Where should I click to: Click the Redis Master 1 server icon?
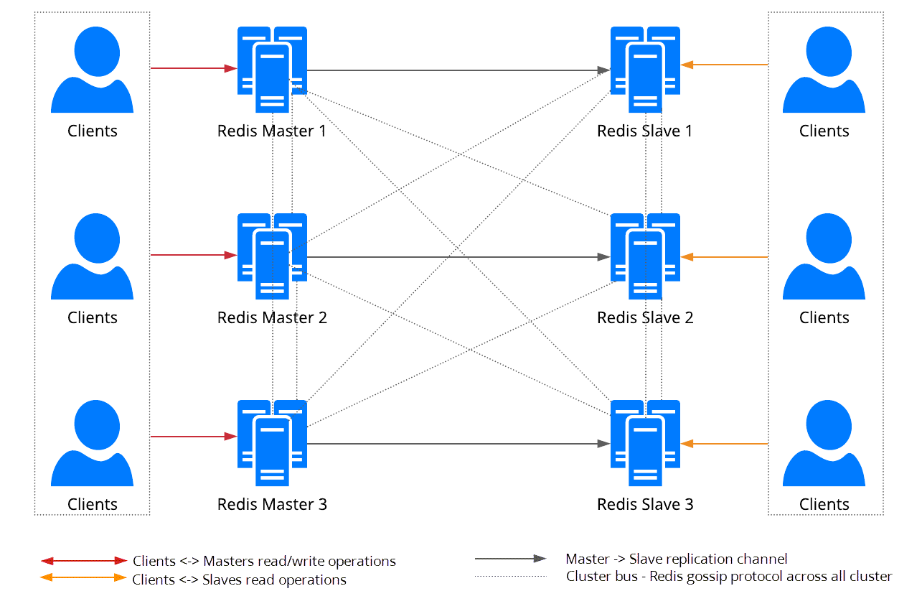pos(272,69)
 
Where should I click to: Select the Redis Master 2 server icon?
pos(272,256)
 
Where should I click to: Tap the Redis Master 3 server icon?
pos(272,442)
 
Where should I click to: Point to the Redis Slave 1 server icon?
pos(645,69)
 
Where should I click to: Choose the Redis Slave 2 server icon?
pos(645,256)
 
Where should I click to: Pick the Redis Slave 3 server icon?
pos(645,442)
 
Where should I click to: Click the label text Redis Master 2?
pos(272,317)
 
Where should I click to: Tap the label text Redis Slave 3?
pos(645,504)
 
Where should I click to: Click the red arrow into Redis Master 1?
pos(193,68)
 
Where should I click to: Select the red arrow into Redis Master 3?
pos(193,436)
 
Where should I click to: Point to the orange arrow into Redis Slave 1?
pos(724,65)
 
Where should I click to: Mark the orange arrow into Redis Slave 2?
pos(724,256)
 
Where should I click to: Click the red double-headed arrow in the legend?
pos(84,560)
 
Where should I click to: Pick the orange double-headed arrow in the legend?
pos(84,577)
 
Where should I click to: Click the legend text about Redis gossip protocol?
pos(728,576)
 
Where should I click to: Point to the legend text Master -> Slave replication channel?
pos(676,559)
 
